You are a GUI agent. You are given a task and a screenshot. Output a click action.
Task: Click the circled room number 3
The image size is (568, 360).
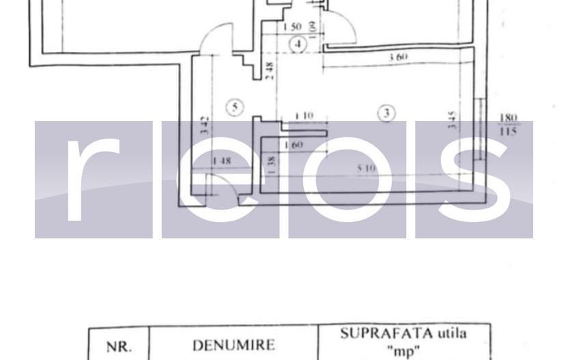(x=386, y=113)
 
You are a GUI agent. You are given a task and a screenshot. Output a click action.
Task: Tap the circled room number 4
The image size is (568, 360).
(x=297, y=44)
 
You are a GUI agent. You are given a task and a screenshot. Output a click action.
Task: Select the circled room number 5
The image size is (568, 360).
(x=234, y=107)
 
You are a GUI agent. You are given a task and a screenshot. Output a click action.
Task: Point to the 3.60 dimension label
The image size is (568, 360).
(x=398, y=57)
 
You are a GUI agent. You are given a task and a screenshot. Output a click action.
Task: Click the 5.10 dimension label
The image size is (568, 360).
(x=367, y=167)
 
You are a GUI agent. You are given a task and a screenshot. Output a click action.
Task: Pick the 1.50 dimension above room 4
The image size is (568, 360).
(x=292, y=27)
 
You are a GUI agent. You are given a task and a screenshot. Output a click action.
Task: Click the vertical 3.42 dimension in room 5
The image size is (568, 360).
(x=205, y=125)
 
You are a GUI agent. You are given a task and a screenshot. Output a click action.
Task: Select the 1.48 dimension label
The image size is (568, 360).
(x=222, y=161)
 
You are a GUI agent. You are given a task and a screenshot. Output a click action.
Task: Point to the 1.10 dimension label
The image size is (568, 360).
(x=304, y=116)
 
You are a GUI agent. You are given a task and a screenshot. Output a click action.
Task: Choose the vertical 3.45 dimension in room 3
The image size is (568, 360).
(x=453, y=121)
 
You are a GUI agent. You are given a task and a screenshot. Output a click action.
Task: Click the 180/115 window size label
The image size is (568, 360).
(x=508, y=125)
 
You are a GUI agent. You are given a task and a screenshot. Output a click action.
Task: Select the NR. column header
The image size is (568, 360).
(x=117, y=346)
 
